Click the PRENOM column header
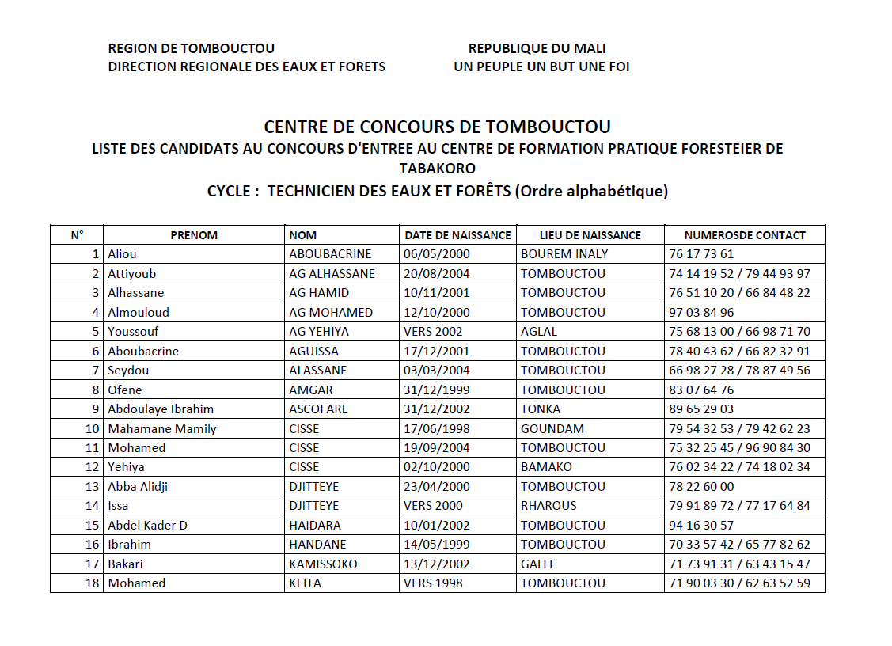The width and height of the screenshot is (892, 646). click(194, 235)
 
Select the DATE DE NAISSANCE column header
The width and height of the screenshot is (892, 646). click(457, 235)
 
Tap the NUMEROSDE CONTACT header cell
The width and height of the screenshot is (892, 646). click(745, 235)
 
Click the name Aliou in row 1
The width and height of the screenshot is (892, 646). click(122, 254)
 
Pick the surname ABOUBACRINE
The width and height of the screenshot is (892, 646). click(330, 254)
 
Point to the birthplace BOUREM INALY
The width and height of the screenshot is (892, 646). click(564, 254)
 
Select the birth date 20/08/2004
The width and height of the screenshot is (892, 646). click(437, 274)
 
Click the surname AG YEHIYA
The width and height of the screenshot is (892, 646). click(319, 332)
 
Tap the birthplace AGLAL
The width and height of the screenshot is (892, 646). click(539, 332)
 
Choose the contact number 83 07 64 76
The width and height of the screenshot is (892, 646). click(701, 389)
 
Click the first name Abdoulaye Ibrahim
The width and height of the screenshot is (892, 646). click(161, 409)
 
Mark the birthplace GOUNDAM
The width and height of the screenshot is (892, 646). click(552, 429)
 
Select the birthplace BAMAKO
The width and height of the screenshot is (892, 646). click(546, 467)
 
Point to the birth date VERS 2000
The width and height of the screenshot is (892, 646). click(433, 506)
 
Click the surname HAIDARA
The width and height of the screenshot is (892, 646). click(315, 526)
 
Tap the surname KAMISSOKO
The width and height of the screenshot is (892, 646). click(323, 564)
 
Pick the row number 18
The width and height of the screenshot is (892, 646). click(93, 583)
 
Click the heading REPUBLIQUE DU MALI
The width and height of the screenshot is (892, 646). click(537, 49)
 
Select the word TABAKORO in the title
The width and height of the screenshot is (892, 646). click(438, 168)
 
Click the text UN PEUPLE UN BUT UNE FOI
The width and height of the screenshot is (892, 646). click(541, 67)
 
